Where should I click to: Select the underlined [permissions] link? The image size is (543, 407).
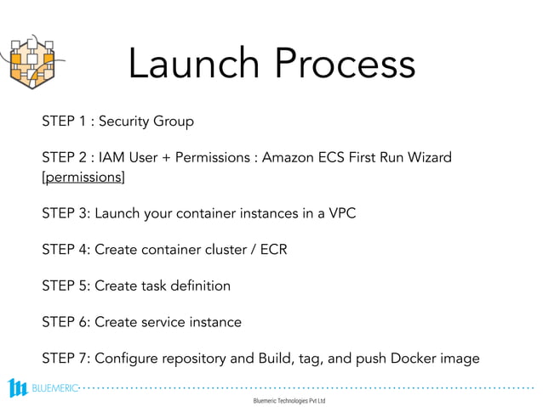[83, 177]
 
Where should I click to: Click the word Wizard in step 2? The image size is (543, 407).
[429, 158]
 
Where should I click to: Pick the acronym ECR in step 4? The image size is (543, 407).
[271, 250]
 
